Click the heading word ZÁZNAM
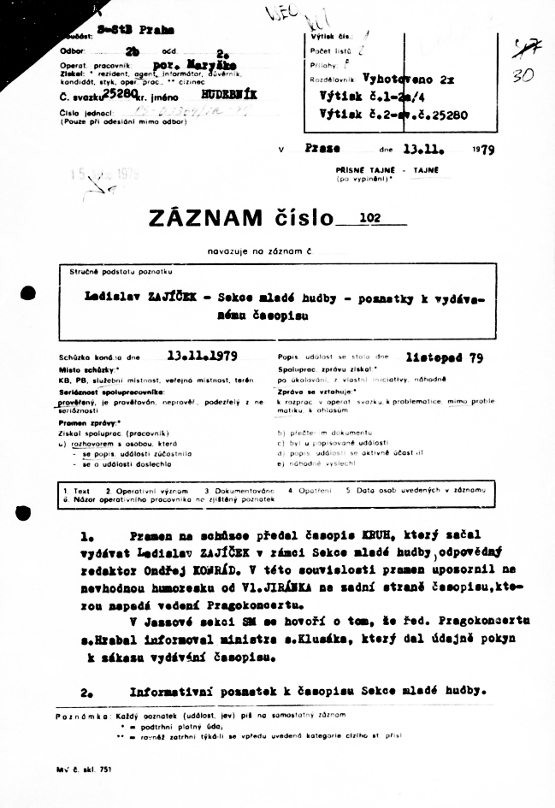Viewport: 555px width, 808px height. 205,219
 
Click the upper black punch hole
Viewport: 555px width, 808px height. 27,294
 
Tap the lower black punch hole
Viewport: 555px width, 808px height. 27,511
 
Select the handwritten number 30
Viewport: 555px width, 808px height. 523,75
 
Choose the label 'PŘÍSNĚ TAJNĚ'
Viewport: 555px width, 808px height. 363,169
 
